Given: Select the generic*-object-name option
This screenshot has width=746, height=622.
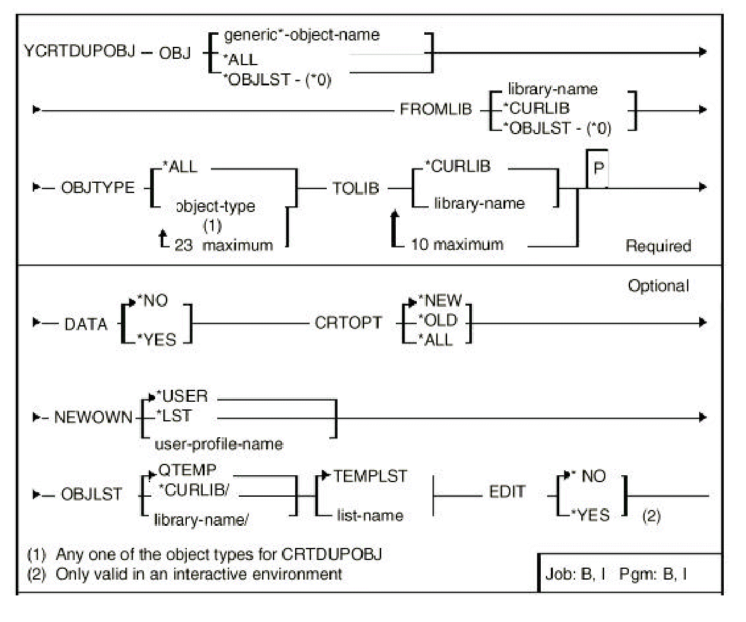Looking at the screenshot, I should [x=302, y=35].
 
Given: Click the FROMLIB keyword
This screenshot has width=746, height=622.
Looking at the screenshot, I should [x=436, y=108].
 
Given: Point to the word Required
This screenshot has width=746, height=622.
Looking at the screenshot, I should [x=658, y=246].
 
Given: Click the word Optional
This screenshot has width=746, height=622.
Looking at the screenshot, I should [x=658, y=286].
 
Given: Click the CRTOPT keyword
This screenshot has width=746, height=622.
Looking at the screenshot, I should [x=349, y=323].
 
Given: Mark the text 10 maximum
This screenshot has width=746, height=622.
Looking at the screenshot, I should [x=458, y=244].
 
